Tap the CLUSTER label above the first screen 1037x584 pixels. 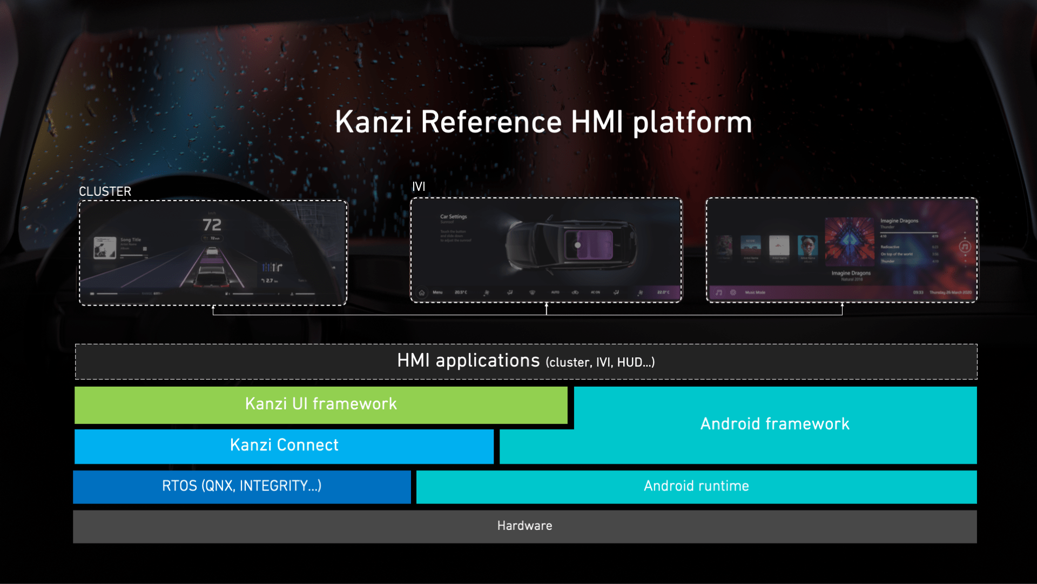105,191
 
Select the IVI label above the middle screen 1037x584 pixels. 419,187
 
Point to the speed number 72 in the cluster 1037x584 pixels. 212,225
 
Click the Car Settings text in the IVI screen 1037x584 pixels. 453,217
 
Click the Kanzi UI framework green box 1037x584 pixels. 321,404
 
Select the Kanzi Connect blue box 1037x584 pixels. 284,446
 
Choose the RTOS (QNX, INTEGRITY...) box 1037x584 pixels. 241,486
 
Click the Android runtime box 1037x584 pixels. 696,486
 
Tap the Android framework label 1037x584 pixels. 775,424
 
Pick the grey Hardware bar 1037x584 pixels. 524,526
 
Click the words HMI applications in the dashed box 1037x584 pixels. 468,361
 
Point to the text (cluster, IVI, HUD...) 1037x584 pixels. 600,363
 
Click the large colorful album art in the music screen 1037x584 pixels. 849,242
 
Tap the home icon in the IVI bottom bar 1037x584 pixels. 422,293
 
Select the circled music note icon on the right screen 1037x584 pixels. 965,247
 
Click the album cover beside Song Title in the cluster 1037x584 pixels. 105,248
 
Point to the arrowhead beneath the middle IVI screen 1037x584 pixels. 547,305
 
